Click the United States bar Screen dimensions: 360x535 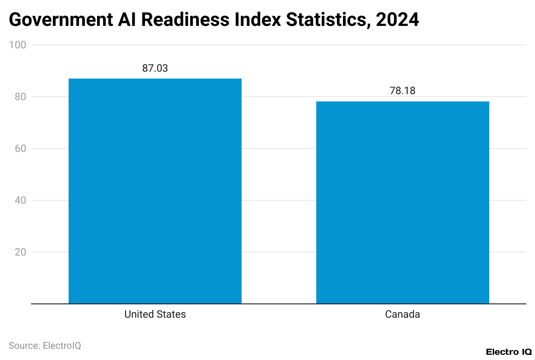click(155, 191)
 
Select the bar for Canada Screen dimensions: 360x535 click(403, 202)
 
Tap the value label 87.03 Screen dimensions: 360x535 click(155, 68)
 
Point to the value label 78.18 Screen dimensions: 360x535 click(403, 91)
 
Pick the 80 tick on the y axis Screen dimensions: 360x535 click(20, 97)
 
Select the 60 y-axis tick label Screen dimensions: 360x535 click(20, 148)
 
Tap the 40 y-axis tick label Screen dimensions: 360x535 click(20, 200)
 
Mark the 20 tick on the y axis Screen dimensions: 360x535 click(20, 252)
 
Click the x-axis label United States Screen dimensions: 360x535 click(155, 314)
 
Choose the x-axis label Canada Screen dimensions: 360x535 click(403, 314)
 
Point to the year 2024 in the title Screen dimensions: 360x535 click(397, 19)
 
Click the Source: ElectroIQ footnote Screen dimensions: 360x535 click(45, 346)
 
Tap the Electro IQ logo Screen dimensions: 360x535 click(509, 352)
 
